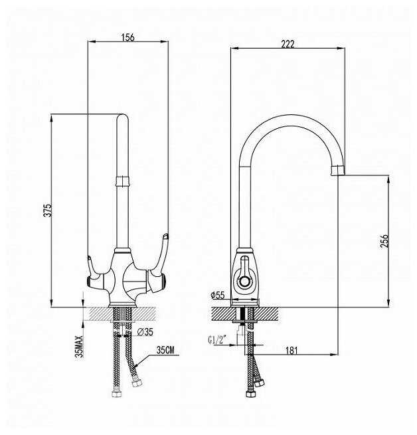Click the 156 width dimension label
coord(128,37)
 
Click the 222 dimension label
coord(288,44)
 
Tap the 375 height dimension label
coord(48,211)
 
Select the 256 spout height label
coord(384,241)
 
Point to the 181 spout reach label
coord(292,351)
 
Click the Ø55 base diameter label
coord(218,295)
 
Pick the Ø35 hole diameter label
coord(145,331)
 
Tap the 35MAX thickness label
coord(79,347)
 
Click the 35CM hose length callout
coord(165,350)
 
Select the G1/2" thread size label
coord(217,339)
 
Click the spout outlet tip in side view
coord(338,170)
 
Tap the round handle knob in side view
coord(245,281)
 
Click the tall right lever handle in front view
coord(159,262)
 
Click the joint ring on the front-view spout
coord(122,181)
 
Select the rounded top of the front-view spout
coord(122,117)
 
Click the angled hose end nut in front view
coord(137,383)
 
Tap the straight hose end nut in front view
coord(117,394)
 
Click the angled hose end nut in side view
coord(260,383)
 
